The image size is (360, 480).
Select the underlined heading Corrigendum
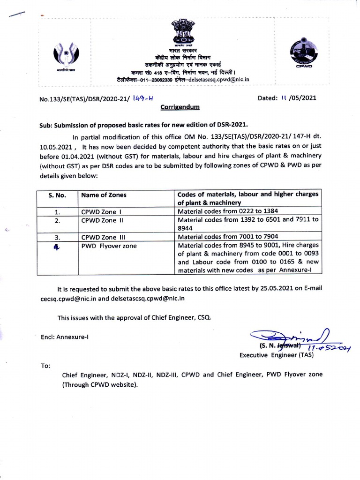click(x=180, y=107)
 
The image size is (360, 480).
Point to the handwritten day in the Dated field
click(x=283, y=98)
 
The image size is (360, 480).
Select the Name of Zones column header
click(x=104, y=195)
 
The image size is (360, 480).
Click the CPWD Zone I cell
click(x=101, y=211)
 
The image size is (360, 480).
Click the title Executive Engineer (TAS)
click(x=277, y=355)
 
